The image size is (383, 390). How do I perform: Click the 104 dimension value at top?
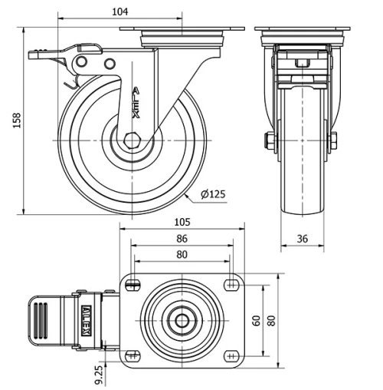click(x=119, y=12)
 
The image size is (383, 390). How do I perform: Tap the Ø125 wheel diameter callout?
click(x=213, y=194)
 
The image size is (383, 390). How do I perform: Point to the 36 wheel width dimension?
click(x=302, y=239)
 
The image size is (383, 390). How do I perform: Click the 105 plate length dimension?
click(x=182, y=222)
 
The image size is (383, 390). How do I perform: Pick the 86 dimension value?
click(x=182, y=239)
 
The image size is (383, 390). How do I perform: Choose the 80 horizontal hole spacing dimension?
click(x=182, y=254)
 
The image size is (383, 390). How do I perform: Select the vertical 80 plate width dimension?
click(x=270, y=319)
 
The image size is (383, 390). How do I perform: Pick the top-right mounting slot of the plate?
click(x=231, y=285)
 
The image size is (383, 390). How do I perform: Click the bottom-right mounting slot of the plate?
click(x=231, y=355)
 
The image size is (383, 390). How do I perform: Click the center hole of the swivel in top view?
click(x=182, y=320)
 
